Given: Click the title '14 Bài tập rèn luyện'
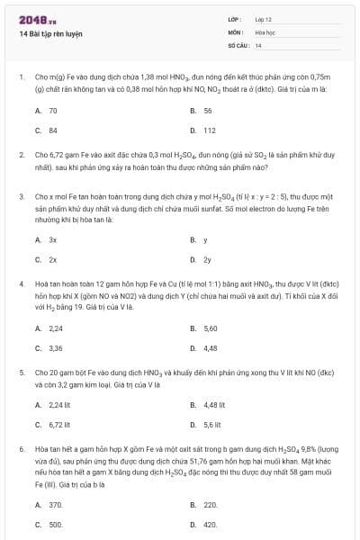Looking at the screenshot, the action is click(x=50, y=33).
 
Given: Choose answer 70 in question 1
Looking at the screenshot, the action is click(x=53, y=110).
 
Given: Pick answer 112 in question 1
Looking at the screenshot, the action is click(x=210, y=130).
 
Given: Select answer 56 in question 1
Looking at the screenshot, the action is click(x=208, y=110).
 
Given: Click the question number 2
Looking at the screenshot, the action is click(x=21, y=155).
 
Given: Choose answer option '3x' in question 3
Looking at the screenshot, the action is click(x=53, y=240).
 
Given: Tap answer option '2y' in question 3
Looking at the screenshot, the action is click(x=208, y=259).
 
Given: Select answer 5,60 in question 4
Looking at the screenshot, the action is click(x=211, y=328).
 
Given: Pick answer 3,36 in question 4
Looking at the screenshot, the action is click(x=56, y=347).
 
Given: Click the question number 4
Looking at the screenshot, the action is click(x=21, y=283).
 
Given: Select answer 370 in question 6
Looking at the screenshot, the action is click(x=56, y=505).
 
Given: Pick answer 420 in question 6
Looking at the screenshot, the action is click(x=211, y=524).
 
